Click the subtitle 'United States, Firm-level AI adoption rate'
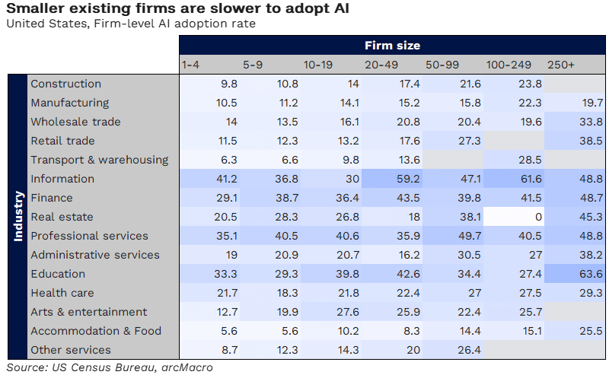[130, 23]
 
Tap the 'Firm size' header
[392, 46]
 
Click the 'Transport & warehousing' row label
[99, 160]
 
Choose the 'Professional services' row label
[89, 236]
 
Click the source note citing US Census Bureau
[110, 368]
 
